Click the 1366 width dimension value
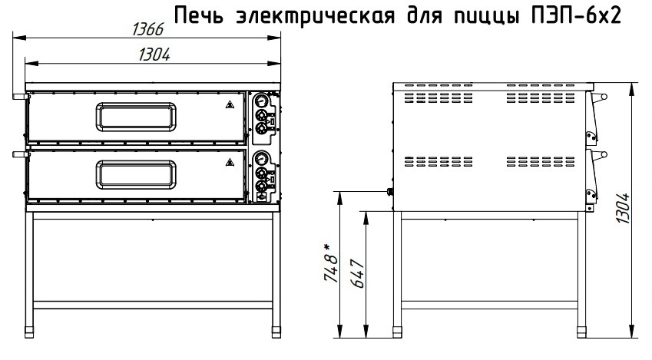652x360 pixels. (148, 29)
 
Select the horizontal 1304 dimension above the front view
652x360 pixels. (154, 54)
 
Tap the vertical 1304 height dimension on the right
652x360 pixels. (623, 209)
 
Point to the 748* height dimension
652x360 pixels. (331, 263)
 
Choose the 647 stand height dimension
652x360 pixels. (358, 274)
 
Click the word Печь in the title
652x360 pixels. (199, 16)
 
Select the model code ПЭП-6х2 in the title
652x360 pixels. (577, 16)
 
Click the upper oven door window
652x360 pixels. (136, 117)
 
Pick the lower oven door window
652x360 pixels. (136, 173)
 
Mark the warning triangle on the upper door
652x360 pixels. (230, 104)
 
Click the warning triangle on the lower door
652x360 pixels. (230, 162)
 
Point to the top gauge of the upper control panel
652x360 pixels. (261, 101)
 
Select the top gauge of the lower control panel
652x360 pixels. (261, 157)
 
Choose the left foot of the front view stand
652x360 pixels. (29, 333)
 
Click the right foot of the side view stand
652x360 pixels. (581, 333)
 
